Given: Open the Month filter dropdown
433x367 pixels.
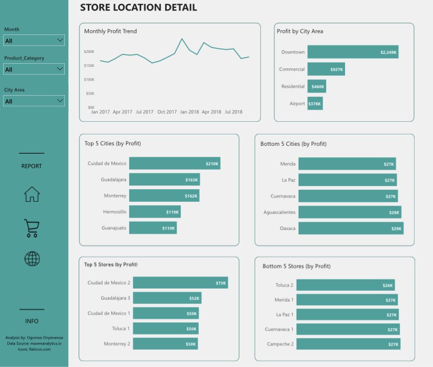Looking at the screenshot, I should coord(34,40).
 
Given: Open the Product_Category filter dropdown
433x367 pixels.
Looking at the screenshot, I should coord(34,69).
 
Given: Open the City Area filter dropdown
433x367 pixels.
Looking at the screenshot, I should coord(34,101).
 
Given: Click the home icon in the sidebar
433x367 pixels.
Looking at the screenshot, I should coord(32,194).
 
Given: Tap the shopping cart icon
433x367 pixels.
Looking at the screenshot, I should coord(32,228).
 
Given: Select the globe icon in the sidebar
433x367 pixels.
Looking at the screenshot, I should coord(32,258).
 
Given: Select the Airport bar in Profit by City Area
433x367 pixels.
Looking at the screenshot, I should coord(315,104).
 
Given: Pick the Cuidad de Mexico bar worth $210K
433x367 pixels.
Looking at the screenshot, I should coord(174,164).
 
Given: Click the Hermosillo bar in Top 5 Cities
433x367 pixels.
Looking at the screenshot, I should coord(155,212).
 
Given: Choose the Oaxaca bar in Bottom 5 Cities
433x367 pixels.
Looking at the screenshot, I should coord(350,228).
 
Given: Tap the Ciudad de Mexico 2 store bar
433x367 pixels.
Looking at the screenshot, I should coord(180,283).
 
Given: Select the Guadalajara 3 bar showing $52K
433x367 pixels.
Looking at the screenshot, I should coord(167,298).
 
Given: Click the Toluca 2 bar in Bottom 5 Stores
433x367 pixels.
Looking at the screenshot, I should coord(346,285).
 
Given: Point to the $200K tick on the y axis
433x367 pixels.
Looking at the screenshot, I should coord(89,52).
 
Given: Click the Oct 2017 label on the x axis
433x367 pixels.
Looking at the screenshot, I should coord(168,112).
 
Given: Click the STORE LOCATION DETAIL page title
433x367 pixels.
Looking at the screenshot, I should coord(139,8).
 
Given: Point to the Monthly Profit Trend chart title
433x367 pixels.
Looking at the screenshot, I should coord(110,31).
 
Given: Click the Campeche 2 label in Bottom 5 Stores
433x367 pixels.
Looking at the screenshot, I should coord(280,344).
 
